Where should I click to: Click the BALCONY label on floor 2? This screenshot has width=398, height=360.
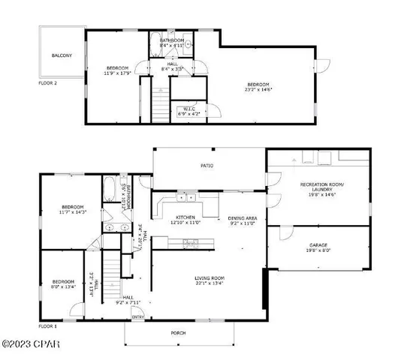point(62,56)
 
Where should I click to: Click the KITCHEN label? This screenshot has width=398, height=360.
point(185,217)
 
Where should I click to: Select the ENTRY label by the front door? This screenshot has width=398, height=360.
point(138,317)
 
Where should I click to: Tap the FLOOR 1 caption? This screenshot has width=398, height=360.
point(47,327)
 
